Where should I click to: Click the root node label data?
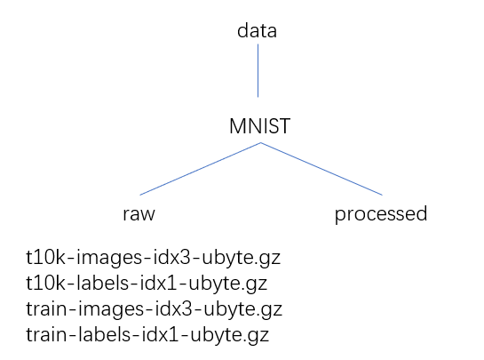pos(258,31)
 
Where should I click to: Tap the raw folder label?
pos(139,214)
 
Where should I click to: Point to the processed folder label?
pos(380,214)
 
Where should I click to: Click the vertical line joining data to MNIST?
pos(258,71)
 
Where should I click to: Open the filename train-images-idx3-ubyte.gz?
pos(154,310)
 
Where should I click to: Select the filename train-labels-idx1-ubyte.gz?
pos(147,336)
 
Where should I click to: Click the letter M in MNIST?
pos(236,127)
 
